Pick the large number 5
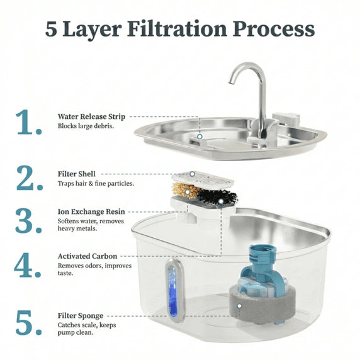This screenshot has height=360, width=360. [29, 322]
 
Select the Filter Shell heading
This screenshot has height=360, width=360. [77, 173]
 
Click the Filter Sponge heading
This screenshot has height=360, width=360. [81, 315]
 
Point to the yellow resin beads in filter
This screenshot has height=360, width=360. [184, 189]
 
